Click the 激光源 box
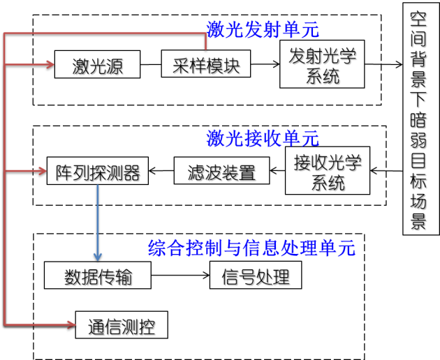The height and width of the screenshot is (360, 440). [x=97, y=65]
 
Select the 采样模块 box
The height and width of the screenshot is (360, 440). [x=205, y=64]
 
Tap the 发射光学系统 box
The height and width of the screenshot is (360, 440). [x=322, y=64]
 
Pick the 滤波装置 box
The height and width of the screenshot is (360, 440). [x=221, y=171]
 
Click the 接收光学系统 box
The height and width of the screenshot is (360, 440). [x=328, y=171]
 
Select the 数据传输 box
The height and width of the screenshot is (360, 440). [x=98, y=276]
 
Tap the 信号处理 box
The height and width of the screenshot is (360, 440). [x=256, y=276]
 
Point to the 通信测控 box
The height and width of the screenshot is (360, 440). [x=122, y=326]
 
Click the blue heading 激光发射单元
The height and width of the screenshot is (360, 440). [x=263, y=30]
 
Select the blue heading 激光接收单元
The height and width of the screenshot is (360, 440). [x=263, y=138]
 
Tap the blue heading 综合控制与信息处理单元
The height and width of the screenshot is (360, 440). [x=251, y=248]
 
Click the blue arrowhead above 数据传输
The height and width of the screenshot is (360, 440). [x=98, y=257]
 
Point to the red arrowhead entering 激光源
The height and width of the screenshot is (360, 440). [x=50, y=65]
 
